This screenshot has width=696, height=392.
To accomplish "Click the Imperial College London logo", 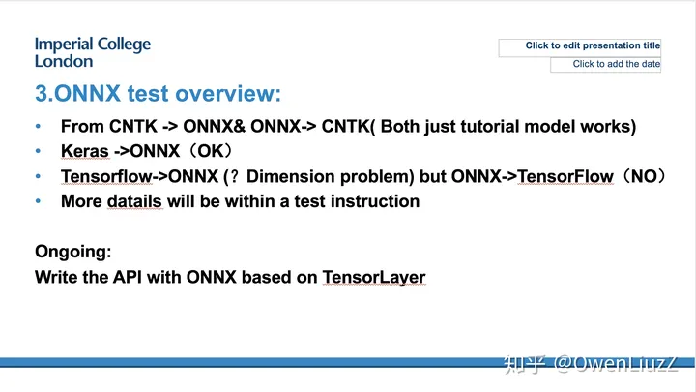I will tap(92, 52).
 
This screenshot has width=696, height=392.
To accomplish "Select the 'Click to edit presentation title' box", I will tap(580, 46).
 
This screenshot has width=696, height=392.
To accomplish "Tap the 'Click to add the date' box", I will tap(606, 65).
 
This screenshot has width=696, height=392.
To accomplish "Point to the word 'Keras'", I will tap(85, 152).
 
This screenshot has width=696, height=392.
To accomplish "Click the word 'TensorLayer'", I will tap(374, 278).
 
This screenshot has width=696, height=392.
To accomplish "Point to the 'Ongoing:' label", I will tap(72, 252).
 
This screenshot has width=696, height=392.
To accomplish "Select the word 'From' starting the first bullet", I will tap(80, 127).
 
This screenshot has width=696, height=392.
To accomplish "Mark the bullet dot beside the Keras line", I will tap(39, 152).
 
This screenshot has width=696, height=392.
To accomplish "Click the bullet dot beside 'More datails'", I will tap(39, 201).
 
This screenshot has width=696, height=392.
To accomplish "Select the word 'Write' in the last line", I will tap(56, 278).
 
